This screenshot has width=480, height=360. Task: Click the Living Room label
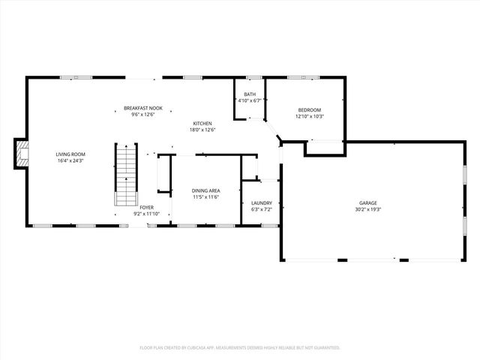pos(70,154)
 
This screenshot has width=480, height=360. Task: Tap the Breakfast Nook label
pos(142,108)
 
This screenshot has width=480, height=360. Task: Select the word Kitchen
pos(202,124)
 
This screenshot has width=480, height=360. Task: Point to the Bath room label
pos(249,94)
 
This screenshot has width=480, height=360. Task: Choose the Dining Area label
pos(205,190)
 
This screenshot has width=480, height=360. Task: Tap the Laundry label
pos(261,202)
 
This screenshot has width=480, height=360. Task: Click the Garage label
pos(367,202)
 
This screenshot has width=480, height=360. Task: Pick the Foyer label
pos(147,207)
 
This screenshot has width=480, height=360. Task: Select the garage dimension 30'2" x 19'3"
pos(367,208)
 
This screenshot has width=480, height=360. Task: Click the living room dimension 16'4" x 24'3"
pos(70,160)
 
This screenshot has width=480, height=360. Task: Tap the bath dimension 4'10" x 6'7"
pos(249,100)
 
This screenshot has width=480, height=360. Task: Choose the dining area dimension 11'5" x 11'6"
pos(205,196)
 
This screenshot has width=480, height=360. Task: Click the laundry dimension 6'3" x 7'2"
pos(261,208)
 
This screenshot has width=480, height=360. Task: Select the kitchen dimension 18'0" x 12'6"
pos(202,130)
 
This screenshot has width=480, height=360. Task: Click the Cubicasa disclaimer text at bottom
pos(240,348)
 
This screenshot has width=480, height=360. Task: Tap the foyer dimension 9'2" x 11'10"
pos(147,213)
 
